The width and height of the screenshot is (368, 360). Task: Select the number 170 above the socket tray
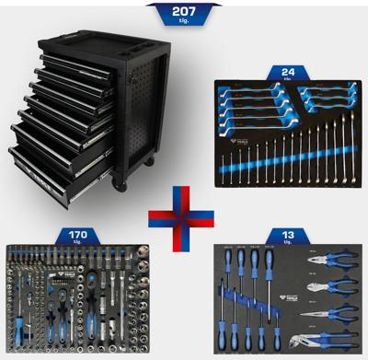point(78,234)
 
